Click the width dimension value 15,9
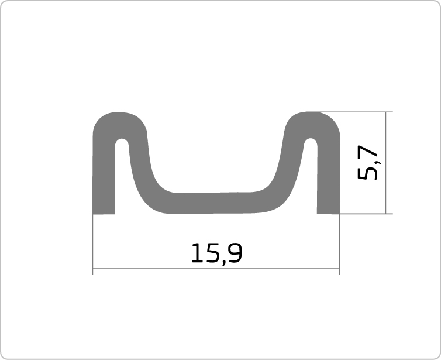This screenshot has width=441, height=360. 216,253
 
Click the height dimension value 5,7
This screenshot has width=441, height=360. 368,162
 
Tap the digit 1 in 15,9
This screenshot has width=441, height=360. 197,253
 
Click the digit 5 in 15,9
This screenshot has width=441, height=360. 213,253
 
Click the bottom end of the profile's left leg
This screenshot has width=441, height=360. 104,214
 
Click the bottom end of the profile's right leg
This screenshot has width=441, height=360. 328,214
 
